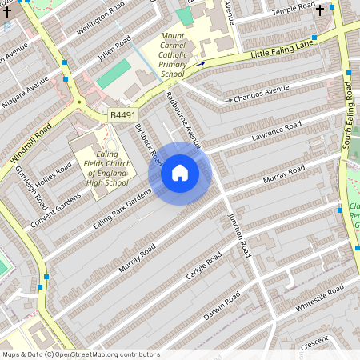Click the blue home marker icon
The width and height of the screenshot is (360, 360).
pyautogui.click(x=180, y=173)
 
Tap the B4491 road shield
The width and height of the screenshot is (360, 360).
pyautogui.click(x=122, y=116)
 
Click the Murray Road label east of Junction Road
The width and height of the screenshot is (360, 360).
pyautogui.click(x=285, y=174)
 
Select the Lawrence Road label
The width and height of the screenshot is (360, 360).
pyautogui.click(x=276, y=133)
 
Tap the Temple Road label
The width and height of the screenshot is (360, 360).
pyautogui.click(x=294, y=10)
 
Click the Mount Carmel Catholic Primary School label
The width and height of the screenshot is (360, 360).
pyautogui.click(x=173, y=55)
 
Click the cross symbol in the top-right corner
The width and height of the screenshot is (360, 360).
pyautogui.click(x=320, y=10)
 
